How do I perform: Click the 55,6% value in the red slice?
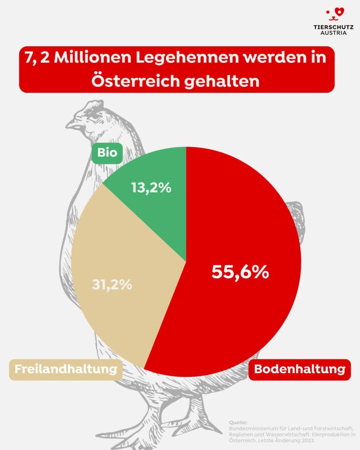point(240,272)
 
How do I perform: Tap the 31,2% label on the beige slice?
point(112,284)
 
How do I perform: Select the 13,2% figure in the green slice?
point(151,188)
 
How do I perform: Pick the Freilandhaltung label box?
point(65,369)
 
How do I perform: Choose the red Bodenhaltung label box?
point(300,369)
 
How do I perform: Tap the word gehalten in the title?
point(228,81)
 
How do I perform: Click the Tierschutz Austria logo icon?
point(335,14)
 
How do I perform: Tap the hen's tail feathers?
point(295,220)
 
